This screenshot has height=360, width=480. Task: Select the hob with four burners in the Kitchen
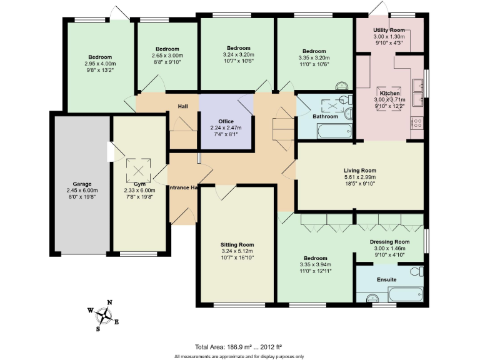tap(417, 123)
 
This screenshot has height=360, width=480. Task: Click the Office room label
tap(226, 121)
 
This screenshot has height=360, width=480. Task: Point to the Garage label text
tap(81, 184)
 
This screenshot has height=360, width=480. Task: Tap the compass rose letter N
tap(109, 302)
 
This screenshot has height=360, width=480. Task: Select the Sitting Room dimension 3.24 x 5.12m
tap(237, 251)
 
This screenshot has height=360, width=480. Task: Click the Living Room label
tap(359, 170)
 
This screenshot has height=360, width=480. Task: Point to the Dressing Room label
tap(389, 241)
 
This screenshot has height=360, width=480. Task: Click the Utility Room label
tap(389, 30)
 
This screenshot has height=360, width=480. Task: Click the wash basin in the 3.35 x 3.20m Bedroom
tap(341, 86)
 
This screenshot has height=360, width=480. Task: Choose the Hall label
tap(182, 106)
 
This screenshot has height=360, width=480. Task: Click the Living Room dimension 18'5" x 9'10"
tap(359, 184)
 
